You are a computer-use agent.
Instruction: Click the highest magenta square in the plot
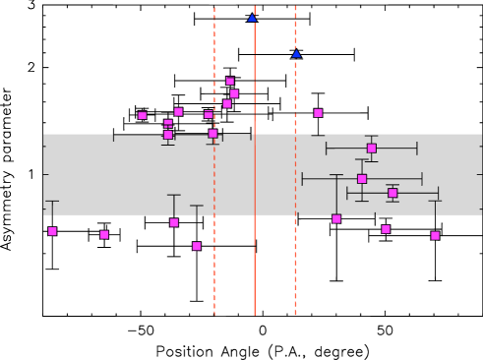(230, 81)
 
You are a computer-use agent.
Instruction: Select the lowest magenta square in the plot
(197, 246)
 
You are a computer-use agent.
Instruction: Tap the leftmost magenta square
(52, 231)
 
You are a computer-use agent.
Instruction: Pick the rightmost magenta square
(435, 235)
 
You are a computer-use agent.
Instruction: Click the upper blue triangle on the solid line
(252, 18)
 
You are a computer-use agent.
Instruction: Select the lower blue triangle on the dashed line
(296, 53)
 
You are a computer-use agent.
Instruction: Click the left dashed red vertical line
(214, 275)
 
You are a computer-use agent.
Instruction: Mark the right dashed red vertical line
(295, 275)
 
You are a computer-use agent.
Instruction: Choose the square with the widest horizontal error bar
(362, 179)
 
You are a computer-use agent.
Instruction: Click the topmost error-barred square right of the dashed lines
(372, 149)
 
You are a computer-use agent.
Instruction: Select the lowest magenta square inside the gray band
(392, 193)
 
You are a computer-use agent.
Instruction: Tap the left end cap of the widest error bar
(303, 179)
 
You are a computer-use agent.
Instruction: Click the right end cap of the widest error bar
(422, 179)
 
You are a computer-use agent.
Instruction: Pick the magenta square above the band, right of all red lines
(318, 113)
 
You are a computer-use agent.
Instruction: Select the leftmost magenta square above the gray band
(143, 115)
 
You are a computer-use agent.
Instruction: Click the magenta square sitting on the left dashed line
(212, 134)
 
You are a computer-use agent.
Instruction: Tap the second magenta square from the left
(104, 234)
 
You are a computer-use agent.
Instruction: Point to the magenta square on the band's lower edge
(336, 218)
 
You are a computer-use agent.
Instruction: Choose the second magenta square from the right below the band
(386, 229)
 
